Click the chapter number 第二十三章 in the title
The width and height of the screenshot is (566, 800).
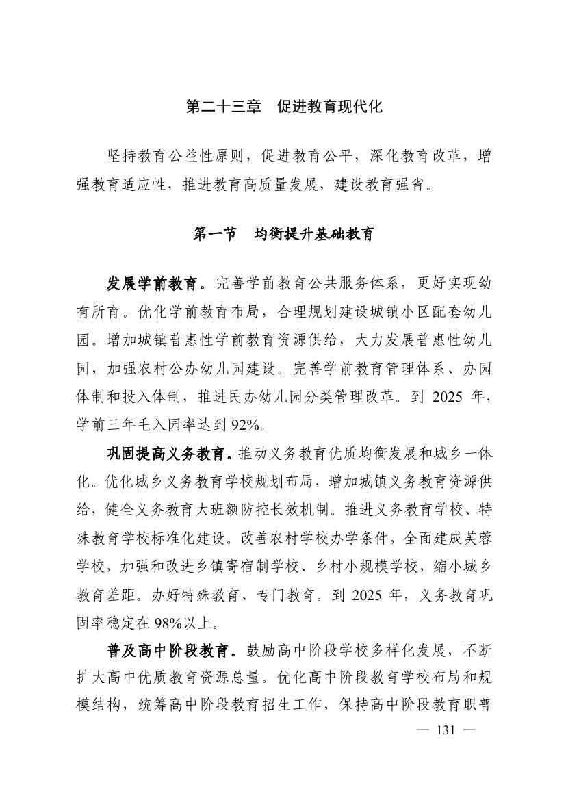coord(224,107)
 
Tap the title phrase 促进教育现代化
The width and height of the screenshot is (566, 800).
coord(329,107)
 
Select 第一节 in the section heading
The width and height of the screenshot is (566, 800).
coord(216,233)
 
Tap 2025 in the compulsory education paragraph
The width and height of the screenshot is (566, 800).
coord(368,596)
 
